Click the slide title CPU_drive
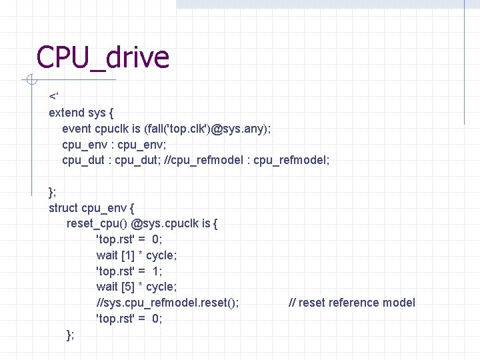(103, 58)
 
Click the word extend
(67, 113)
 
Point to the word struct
(63, 207)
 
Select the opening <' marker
(53, 97)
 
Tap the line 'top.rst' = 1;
(129, 271)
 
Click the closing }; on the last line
(71, 335)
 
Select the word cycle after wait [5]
(161, 287)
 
